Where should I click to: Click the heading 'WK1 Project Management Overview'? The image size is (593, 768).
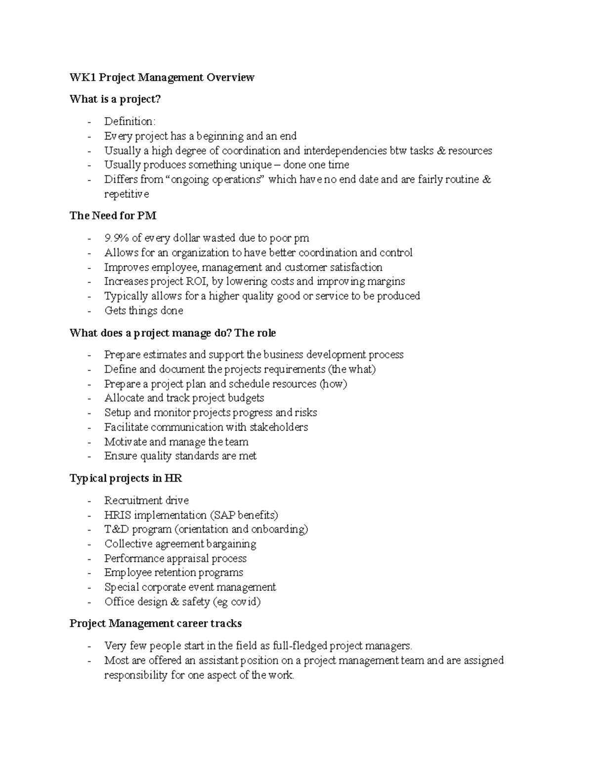pos(162,77)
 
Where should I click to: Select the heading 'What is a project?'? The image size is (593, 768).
pos(115,99)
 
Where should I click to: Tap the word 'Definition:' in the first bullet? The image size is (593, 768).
pos(129,121)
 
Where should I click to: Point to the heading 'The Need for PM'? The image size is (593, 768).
pos(113,216)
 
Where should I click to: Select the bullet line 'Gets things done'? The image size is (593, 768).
pos(143,311)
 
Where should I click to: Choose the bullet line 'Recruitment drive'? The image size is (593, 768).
pos(146,500)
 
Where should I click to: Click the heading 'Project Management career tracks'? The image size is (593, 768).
pos(155,623)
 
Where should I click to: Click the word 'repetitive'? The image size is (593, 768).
pos(126,194)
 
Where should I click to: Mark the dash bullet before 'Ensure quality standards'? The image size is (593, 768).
pos(89,456)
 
